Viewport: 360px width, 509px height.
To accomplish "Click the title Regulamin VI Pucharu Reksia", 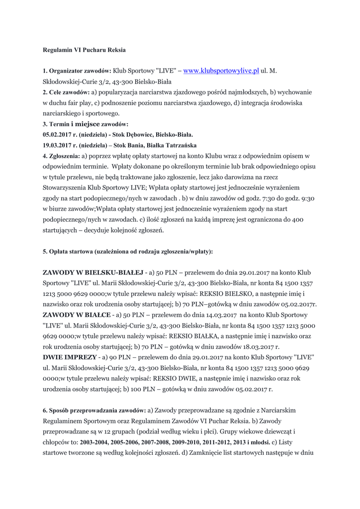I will pyautogui.click(x=84, y=50).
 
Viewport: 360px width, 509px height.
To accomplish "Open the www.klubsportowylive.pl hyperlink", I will pyautogui.click(x=221, y=71).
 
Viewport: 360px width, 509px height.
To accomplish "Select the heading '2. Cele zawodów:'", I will pyautogui.click(x=66, y=92).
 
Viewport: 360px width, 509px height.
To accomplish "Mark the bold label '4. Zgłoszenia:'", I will pyautogui.click(x=61, y=156).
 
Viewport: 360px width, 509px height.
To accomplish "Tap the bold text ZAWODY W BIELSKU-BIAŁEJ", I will pyautogui.click(x=93, y=273).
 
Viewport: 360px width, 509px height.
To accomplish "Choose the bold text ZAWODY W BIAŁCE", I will pyautogui.click(x=77, y=315).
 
